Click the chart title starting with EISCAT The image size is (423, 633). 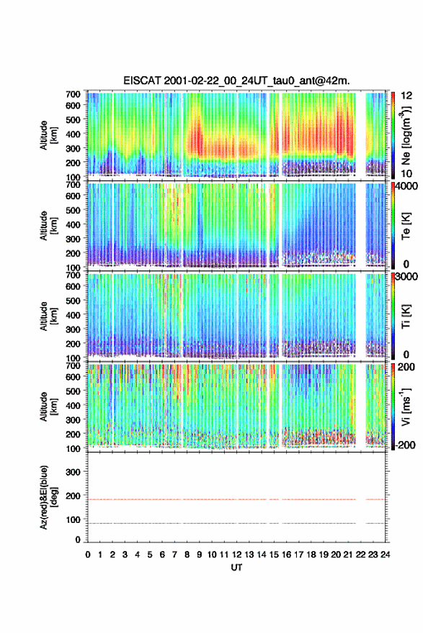[236, 81]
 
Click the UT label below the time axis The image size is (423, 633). [236, 568]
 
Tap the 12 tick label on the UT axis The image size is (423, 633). [236, 555]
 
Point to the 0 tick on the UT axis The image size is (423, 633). [88, 555]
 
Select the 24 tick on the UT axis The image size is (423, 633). [385, 555]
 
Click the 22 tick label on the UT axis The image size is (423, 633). [360, 555]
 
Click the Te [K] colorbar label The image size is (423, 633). [406, 226]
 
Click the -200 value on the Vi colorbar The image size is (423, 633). [404, 445]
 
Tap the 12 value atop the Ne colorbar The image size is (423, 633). [406, 96]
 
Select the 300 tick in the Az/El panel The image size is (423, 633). [74, 472]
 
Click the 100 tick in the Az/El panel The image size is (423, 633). [74, 519]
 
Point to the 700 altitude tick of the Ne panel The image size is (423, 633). [74, 94]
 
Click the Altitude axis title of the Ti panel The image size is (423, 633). [48, 316]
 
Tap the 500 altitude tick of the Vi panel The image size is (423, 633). [74, 391]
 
